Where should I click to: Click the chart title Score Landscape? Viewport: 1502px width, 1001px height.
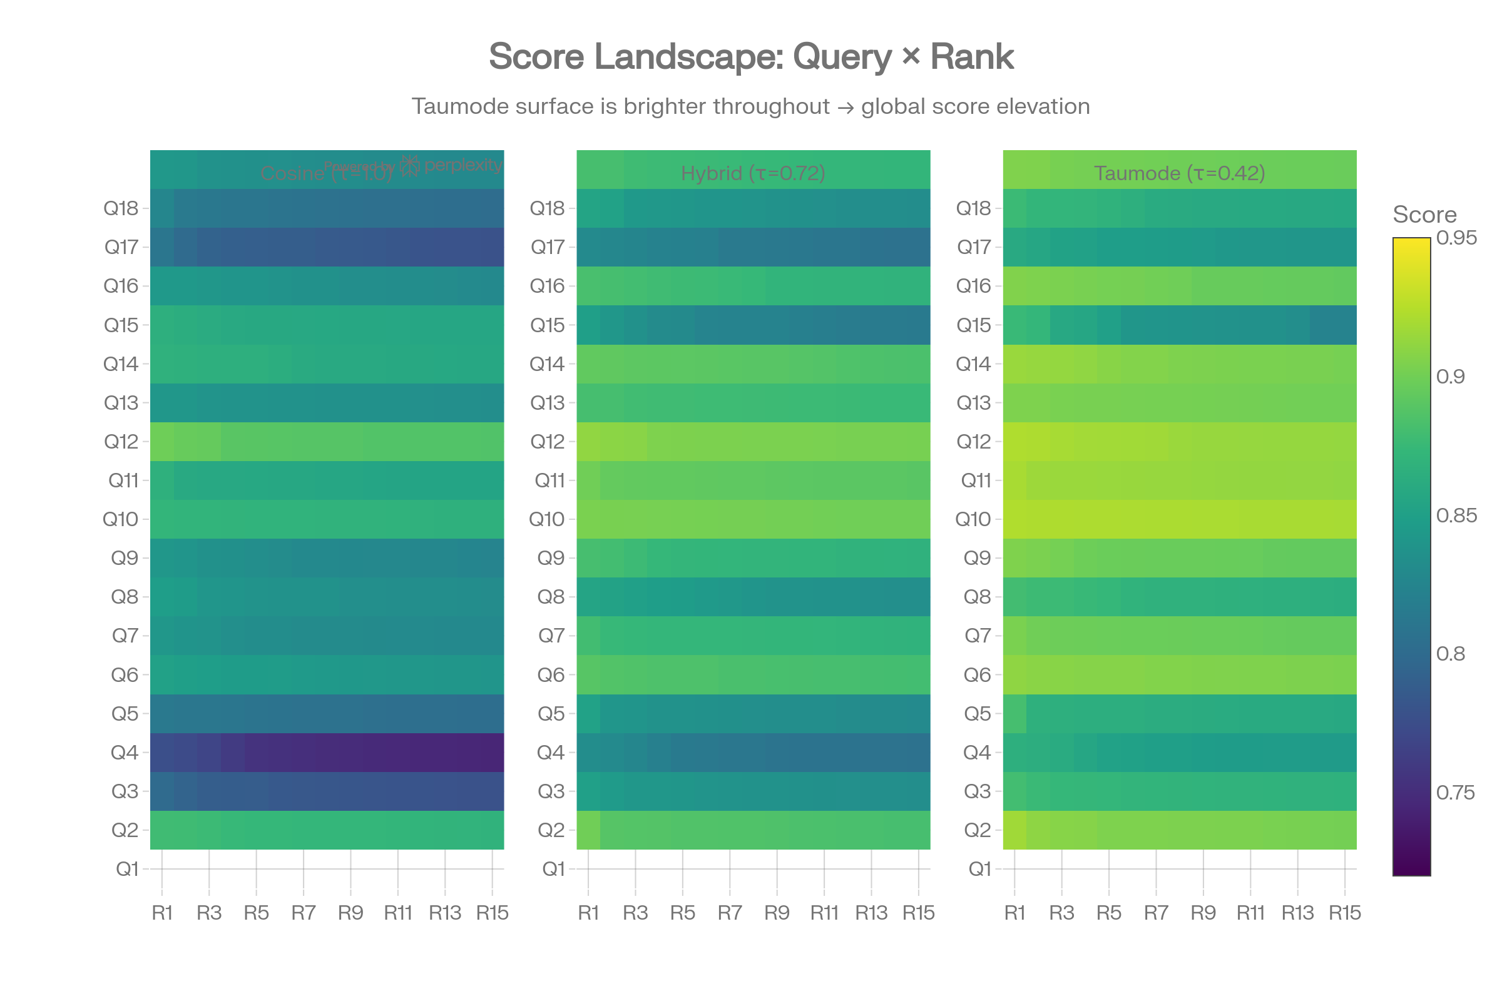coord(751,57)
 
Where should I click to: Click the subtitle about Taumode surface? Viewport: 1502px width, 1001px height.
coord(751,106)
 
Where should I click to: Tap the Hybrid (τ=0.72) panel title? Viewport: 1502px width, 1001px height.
coord(753,173)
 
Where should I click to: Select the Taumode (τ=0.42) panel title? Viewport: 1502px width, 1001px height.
coord(1180,173)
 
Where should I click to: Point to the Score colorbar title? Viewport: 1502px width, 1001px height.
coord(1424,215)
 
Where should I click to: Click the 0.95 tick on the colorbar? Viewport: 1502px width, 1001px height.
coord(1456,238)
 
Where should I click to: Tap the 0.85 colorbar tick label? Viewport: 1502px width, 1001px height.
coord(1456,515)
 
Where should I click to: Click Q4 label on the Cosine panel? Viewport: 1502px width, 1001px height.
coord(125,752)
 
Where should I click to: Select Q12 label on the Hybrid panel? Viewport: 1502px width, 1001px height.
coord(548,441)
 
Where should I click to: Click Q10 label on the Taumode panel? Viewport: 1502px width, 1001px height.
coord(973,519)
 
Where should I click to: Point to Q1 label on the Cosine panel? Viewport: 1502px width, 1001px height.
coord(126,869)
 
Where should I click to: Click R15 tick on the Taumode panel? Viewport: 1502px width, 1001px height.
coord(1345,913)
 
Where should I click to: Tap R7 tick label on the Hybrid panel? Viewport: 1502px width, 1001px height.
coord(729,913)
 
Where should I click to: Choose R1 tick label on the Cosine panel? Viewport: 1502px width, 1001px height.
coord(162,913)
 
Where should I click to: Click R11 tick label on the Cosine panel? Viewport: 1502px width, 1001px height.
coord(398,913)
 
